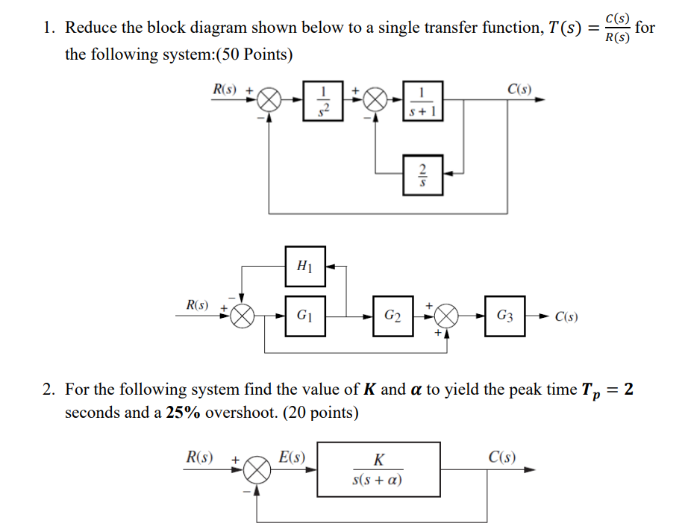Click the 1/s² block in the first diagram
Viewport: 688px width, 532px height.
tap(323, 100)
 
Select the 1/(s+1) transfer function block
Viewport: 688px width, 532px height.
tap(423, 100)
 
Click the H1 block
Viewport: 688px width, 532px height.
tap(304, 266)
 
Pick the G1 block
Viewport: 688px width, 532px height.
tap(304, 316)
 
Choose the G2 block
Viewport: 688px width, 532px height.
tap(393, 316)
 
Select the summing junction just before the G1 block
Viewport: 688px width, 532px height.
tap(242, 316)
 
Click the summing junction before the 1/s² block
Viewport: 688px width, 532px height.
tap(270, 100)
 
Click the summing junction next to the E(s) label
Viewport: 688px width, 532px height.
tap(257, 469)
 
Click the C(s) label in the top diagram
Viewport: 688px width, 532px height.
tap(519, 90)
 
